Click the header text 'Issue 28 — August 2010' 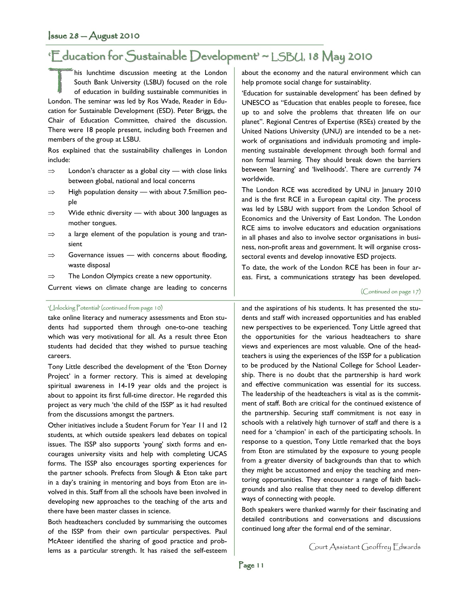(x=94, y=36)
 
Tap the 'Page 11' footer (x=251, y=565)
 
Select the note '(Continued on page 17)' (x=390, y=291)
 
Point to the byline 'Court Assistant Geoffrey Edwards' (x=364, y=547)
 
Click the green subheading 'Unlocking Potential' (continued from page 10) (x=105, y=308)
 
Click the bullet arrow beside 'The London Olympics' (x=51, y=276)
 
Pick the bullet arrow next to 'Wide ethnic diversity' (x=51, y=213)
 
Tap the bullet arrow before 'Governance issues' (x=51, y=255)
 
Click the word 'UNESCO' (x=256, y=103)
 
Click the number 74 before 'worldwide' (x=417, y=170)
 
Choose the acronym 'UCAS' (x=217, y=454)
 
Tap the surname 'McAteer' (x=60, y=541)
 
